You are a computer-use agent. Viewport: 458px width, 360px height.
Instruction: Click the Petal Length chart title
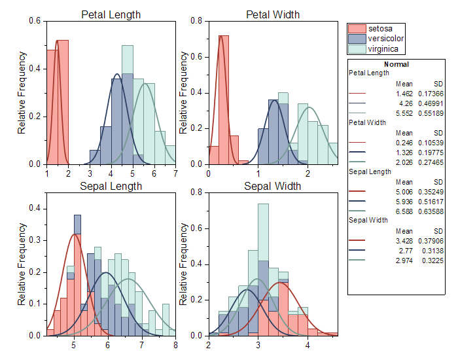(111, 14)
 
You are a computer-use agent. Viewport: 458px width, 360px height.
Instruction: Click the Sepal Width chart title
(272, 186)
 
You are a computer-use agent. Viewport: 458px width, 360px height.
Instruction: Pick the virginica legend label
(383, 48)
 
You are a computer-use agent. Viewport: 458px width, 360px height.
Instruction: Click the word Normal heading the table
(396, 64)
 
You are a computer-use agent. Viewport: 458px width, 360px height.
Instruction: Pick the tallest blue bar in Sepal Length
(77, 275)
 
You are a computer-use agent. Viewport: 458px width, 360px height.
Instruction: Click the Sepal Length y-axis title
(22, 264)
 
